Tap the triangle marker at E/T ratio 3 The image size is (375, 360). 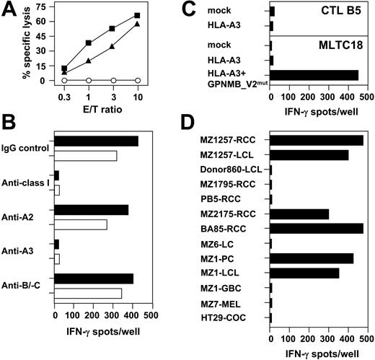(112, 47)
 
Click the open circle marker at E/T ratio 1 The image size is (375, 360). (88, 80)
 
